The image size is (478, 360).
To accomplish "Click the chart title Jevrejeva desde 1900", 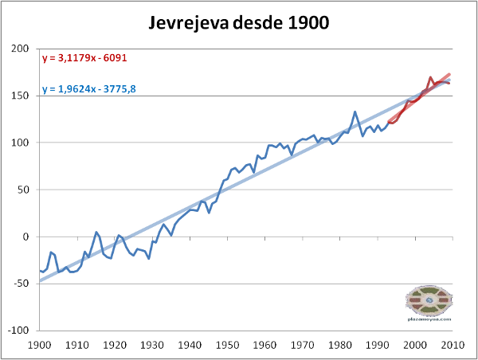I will tap(239, 22).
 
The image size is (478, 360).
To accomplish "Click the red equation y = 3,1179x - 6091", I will tap(83, 58).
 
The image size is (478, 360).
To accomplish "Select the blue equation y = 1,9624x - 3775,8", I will tap(88, 88).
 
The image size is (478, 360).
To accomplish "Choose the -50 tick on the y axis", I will tap(21, 284).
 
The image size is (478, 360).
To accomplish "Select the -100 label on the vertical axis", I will tap(18, 331).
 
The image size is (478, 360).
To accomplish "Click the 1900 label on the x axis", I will tap(39, 346).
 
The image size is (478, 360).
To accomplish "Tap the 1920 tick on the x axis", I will tap(114, 346).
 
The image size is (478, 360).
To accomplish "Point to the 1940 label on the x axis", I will tap(190, 346).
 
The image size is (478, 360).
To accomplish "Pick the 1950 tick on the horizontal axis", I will tap(228, 346).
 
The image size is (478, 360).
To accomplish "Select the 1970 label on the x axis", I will tap(303, 346).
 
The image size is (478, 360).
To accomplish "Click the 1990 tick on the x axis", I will tap(378, 346).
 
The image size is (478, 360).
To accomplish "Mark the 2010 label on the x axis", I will tap(453, 346).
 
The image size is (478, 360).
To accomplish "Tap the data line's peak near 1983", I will tap(355, 112).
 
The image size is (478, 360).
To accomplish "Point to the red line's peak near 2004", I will tap(431, 77).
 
